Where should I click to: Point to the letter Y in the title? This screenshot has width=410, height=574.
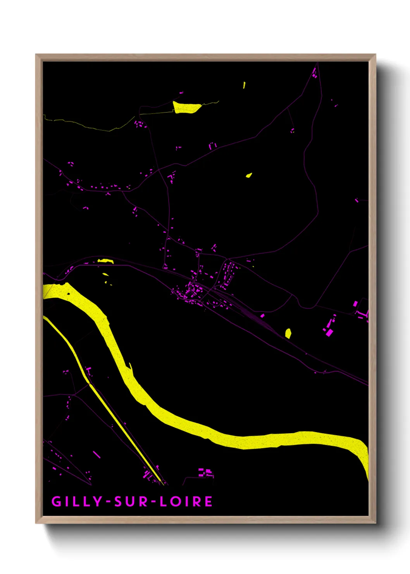[96, 501]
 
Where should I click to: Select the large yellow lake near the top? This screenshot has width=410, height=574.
[186, 107]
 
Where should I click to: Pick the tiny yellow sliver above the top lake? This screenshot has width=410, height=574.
[244, 85]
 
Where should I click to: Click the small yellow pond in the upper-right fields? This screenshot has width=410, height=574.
[249, 175]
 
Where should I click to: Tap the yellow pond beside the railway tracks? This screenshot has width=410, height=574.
[288, 333]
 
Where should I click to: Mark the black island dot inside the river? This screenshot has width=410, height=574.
[69, 294]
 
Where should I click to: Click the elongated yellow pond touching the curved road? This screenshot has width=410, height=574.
[105, 261]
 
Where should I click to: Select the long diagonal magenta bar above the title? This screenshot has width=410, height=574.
[96, 454]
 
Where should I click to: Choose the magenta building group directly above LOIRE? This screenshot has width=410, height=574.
[205, 472]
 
